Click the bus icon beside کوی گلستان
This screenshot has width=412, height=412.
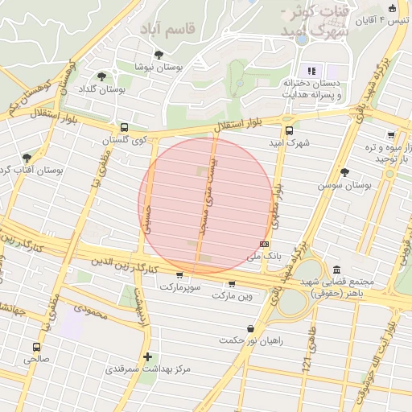[124, 127]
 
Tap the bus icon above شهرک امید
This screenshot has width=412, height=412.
[289, 130]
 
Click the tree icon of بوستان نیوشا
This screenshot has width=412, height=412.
[158, 55]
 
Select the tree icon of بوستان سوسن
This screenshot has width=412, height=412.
[345, 172]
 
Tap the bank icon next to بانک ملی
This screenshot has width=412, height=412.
[264, 243]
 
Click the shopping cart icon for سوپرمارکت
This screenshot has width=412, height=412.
[179, 275]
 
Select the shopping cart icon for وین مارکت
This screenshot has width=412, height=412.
[232, 283]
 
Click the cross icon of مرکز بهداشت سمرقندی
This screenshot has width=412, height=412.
[146, 356]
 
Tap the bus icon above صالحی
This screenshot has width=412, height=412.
[36, 347]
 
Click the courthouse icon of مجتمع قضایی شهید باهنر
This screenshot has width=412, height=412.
[336, 269]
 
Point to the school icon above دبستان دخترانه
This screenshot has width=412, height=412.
[311, 71]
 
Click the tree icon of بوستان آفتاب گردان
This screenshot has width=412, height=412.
[27, 158]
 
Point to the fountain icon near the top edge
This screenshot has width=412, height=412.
[302, 38]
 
